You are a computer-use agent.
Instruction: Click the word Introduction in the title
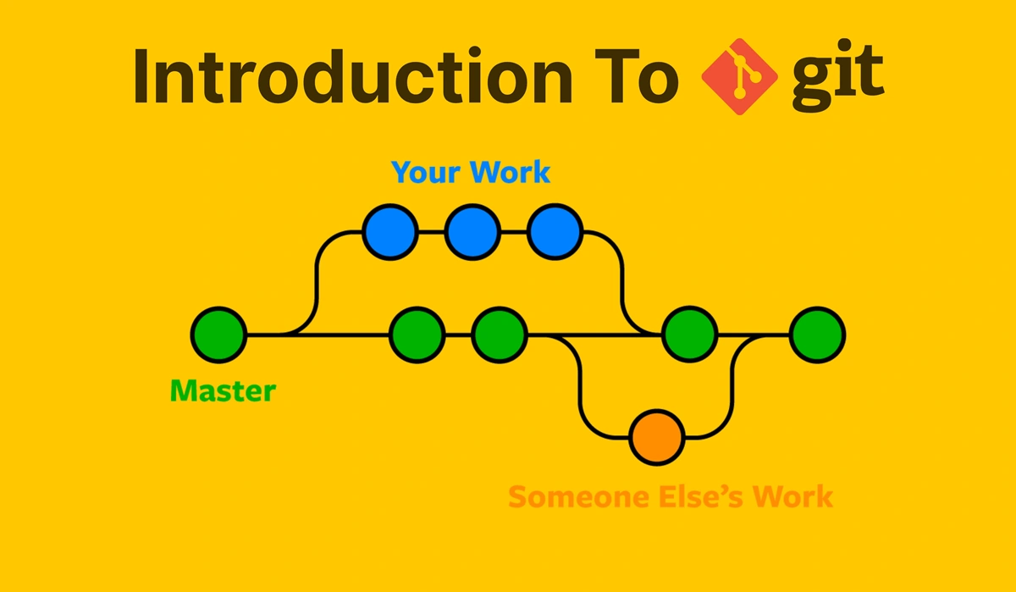352,76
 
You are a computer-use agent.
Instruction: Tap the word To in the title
637,76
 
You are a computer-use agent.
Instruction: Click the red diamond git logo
740,77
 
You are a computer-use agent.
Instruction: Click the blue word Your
427,173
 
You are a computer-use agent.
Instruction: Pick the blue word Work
511,172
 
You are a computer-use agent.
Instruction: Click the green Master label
223,390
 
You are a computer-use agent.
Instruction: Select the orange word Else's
701,496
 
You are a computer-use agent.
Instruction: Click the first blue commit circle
390,232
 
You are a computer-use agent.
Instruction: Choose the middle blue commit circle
472,232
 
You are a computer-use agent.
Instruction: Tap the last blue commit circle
555,232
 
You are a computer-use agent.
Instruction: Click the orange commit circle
657,437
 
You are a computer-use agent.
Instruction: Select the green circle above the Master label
218,335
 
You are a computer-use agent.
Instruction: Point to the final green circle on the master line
817,335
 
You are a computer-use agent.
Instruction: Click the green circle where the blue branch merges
689,335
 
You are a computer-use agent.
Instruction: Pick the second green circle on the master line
417,335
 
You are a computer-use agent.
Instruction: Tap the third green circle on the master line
499,335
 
